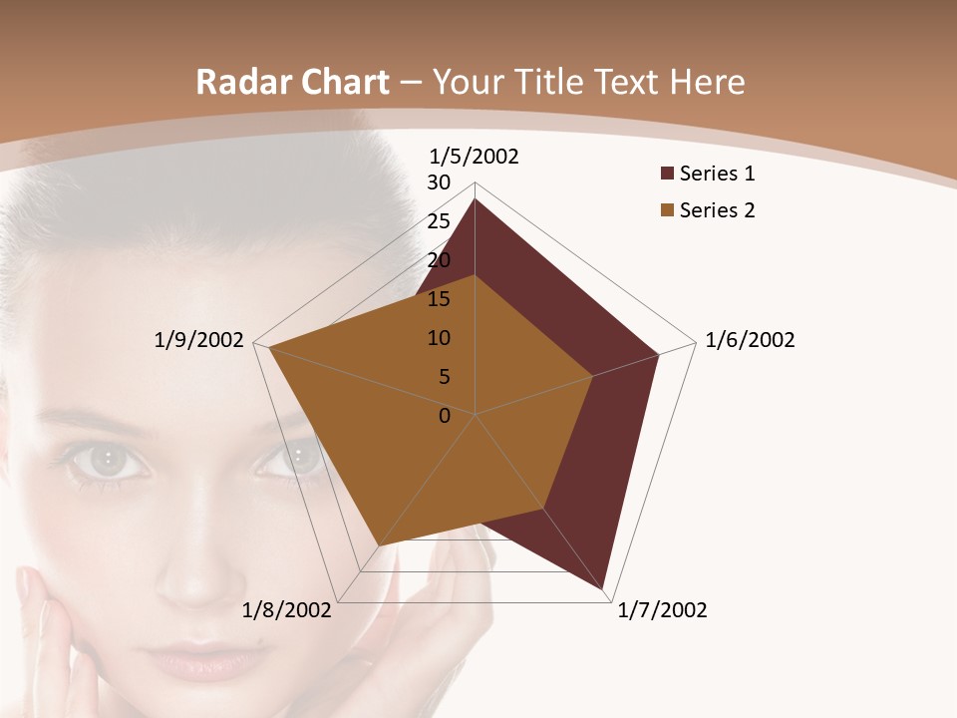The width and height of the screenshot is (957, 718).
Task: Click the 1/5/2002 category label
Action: pos(474,156)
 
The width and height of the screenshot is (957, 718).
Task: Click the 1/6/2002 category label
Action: pos(750,340)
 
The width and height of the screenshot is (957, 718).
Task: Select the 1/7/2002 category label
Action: pos(662,610)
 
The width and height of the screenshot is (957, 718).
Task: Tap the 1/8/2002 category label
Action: pos(287,610)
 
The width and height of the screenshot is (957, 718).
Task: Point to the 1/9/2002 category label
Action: pos(198,340)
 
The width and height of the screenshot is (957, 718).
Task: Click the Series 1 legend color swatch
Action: pos(667,175)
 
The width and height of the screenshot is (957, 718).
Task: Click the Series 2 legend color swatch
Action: pos(667,210)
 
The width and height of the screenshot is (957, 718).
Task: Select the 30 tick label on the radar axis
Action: pos(439,182)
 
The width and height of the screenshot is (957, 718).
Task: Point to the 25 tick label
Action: pos(439,221)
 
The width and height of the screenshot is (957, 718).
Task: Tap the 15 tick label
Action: pos(439,299)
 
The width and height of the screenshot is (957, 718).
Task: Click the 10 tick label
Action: pos(439,338)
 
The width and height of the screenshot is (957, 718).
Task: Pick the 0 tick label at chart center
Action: pos(445,416)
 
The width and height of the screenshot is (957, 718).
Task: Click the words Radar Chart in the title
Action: pos(292,82)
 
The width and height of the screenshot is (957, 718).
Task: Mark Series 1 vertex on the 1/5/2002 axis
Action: pos(476,199)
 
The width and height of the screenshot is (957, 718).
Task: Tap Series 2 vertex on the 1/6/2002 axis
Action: pos(593,376)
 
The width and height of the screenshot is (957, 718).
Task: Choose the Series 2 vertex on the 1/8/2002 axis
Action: pos(378,545)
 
